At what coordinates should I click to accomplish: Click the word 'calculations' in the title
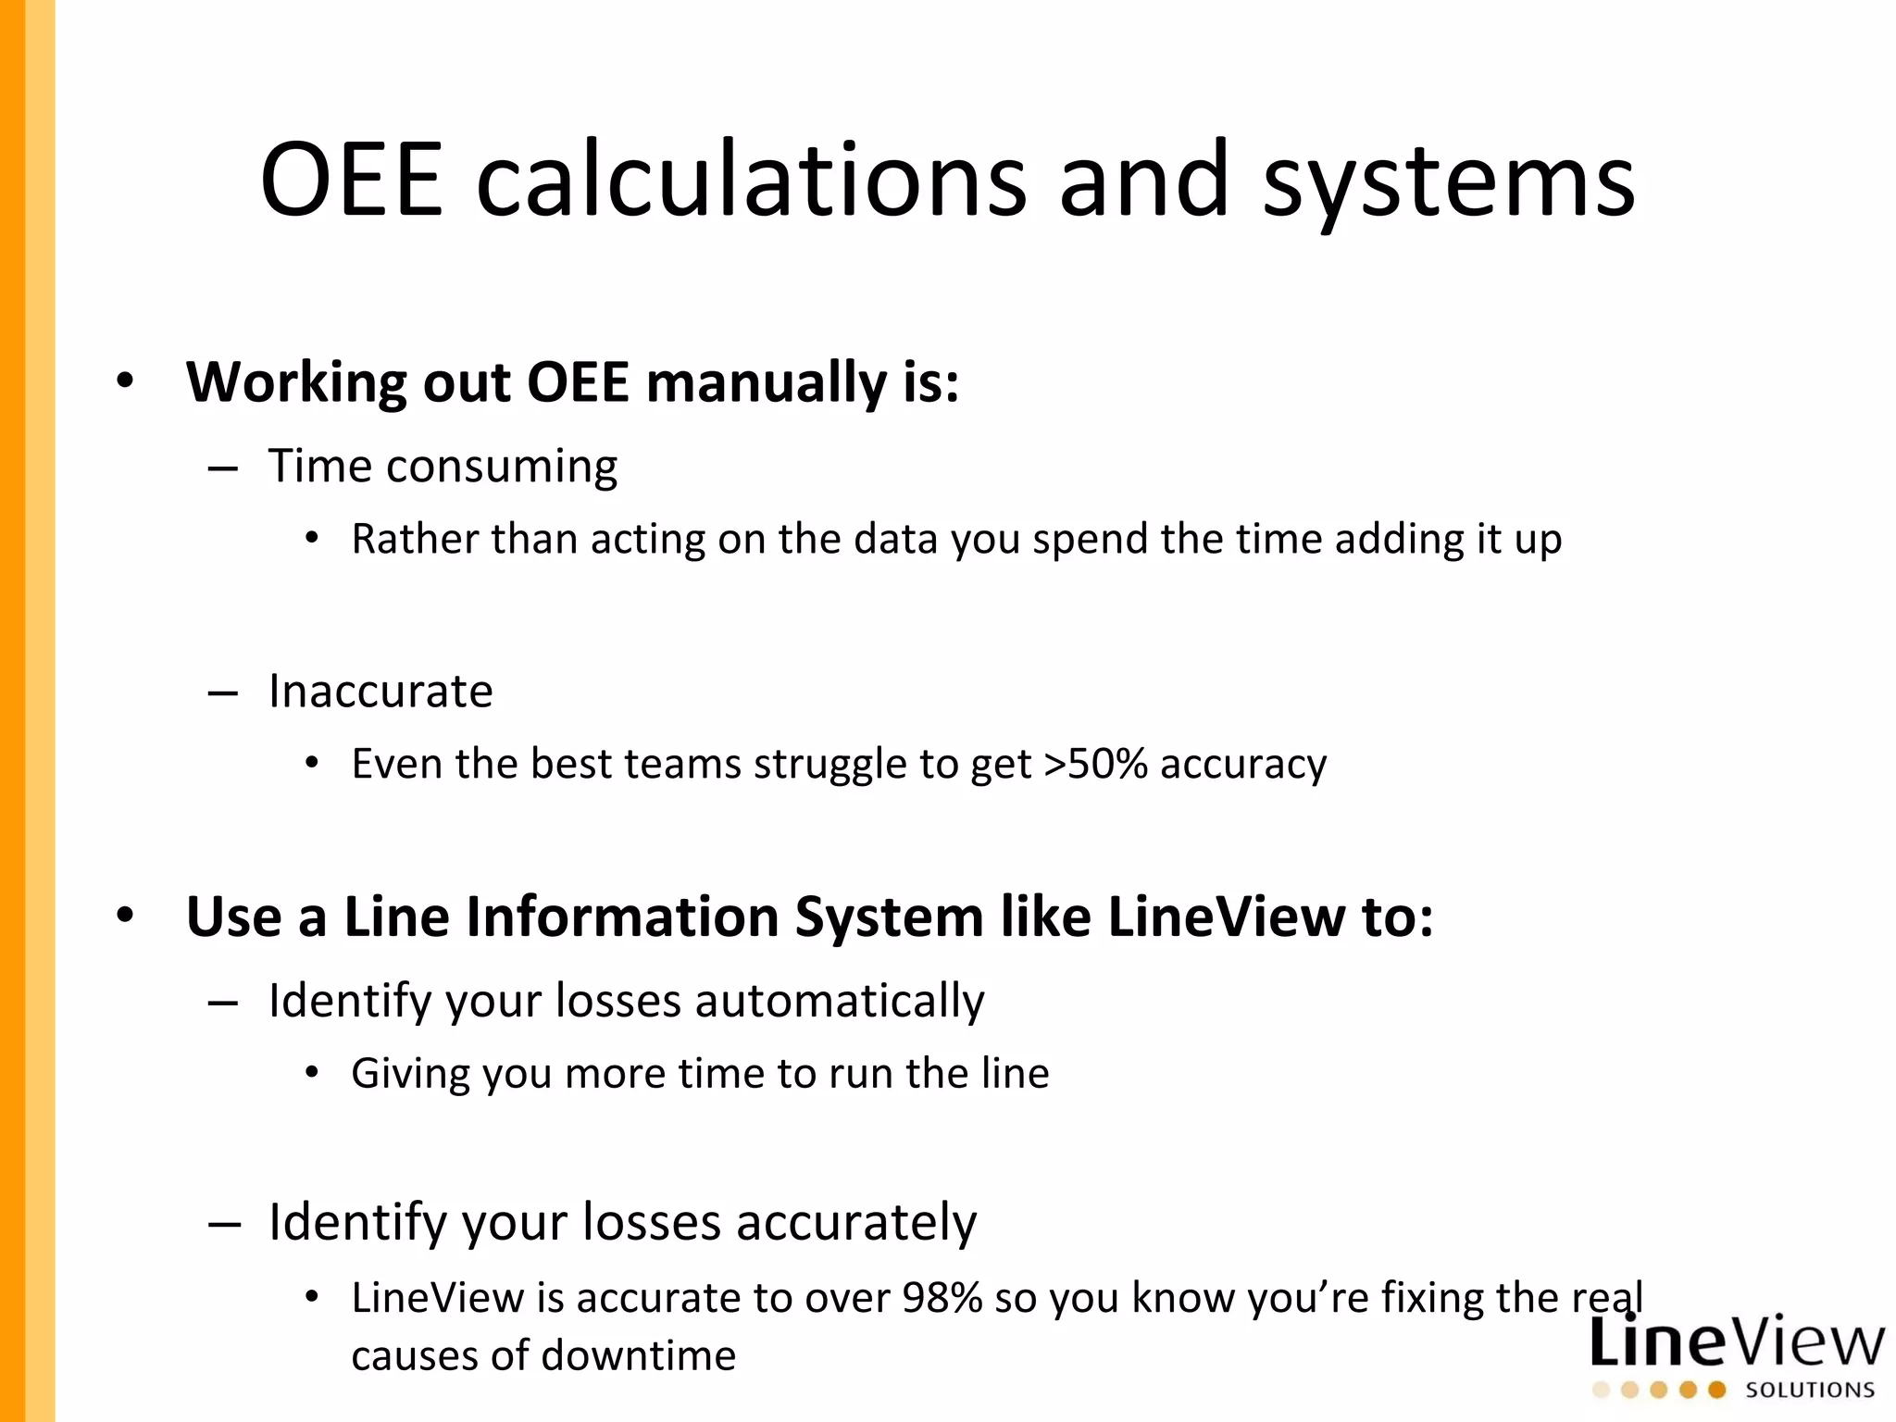click(x=751, y=181)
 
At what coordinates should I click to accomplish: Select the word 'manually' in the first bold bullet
click(x=767, y=383)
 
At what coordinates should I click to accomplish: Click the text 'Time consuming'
click(x=443, y=467)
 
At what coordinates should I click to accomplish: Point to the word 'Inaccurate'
click(x=380, y=692)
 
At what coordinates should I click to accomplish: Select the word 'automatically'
click(x=839, y=1002)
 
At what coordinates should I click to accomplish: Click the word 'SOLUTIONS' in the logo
click(x=1810, y=1391)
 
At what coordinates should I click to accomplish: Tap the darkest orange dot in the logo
click(x=1717, y=1390)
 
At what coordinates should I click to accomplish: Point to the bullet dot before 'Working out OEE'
click(x=125, y=380)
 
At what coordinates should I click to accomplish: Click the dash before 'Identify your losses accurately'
click(x=224, y=1224)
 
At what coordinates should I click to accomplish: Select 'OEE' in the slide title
click(x=352, y=181)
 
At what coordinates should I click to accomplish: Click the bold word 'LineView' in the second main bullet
click(x=1227, y=917)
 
